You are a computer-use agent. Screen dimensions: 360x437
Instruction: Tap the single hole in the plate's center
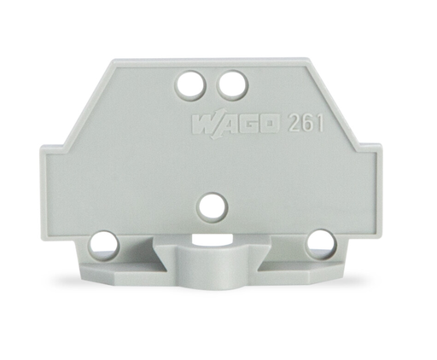point(210,205)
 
